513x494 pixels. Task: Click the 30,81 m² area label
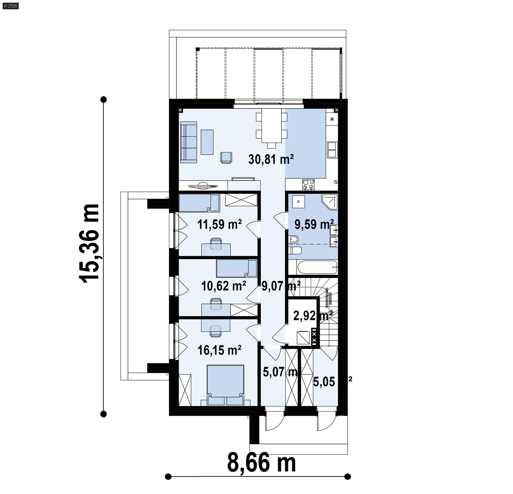click(271, 160)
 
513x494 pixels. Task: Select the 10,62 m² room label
click(223, 286)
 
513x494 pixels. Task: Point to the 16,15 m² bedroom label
click(220, 350)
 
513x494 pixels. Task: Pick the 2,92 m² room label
click(313, 316)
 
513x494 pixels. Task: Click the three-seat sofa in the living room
click(189, 142)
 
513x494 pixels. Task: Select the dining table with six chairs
click(271, 128)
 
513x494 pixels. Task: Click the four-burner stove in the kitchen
click(308, 185)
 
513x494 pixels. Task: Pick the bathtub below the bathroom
click(317, 267)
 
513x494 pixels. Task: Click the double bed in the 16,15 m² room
click(226, 385)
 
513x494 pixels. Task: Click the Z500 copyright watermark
click(10, 6)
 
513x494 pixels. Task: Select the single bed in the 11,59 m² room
click(199, 203)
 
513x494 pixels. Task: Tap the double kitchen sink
click(332, 150)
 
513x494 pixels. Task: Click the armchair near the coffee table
click(226, 157)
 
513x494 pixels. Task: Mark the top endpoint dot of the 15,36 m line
click(103, 100)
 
